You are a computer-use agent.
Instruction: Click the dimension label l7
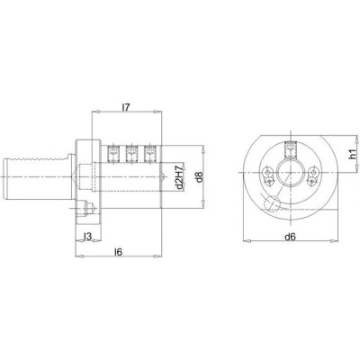126,108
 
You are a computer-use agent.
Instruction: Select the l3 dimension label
87,237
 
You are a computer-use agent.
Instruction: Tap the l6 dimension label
119,252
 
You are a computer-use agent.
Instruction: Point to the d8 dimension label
199,177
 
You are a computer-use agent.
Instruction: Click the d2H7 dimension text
179,177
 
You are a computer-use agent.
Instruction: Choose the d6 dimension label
291,237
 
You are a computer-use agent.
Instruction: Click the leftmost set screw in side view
113,155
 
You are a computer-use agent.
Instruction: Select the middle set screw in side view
131,155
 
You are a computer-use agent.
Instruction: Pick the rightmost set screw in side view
149,155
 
